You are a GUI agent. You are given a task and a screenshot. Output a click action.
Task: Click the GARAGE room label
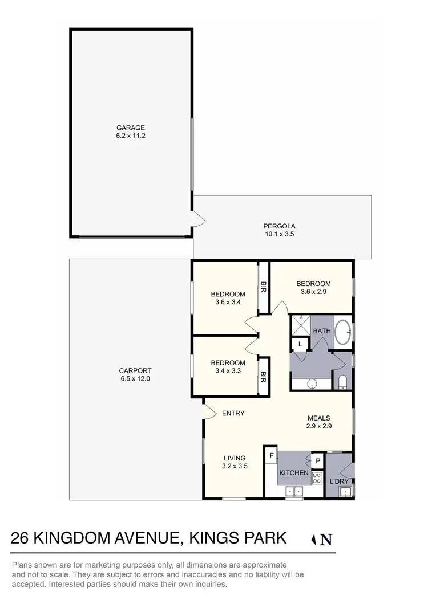coord(131,128)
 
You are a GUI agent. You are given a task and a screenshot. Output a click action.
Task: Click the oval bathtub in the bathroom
coord(342,333)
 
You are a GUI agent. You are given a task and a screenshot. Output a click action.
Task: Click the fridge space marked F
coord(271,455)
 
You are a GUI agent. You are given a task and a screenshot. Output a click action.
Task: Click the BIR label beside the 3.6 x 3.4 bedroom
coord(264,288)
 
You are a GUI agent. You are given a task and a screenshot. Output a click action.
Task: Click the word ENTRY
coord(233,413)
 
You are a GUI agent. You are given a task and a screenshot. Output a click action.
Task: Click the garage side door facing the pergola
coord(197,218)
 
